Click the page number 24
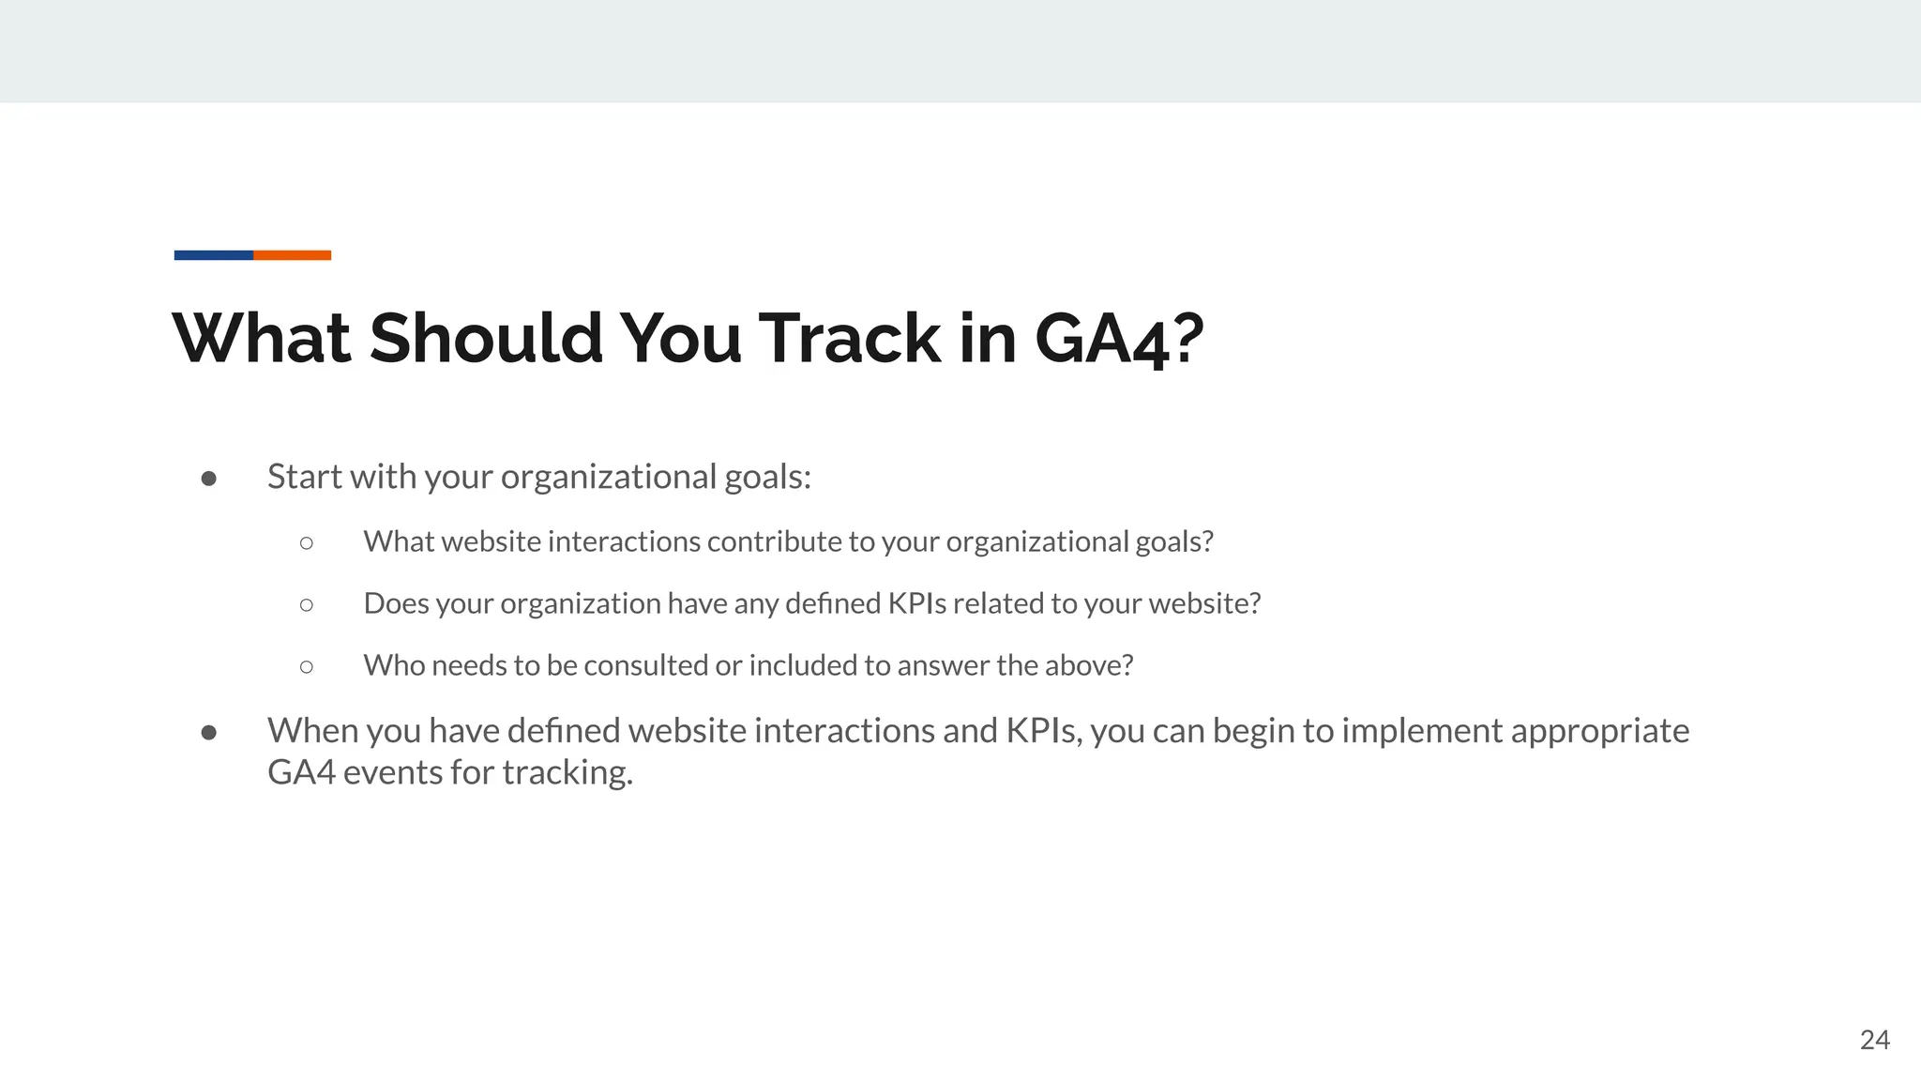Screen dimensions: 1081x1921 pyautogui.click(x=1874, y=1040)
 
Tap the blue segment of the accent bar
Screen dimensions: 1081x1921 pyautogui.click(x=213, y=255)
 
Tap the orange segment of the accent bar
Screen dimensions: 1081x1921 pyautogui.click(x=292, y=255)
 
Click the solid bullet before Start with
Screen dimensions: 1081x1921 pyautogui.click(x=209, y=479)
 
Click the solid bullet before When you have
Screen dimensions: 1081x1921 pyautogui.click(x=209, y=732)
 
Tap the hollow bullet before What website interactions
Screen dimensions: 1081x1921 pyautogui.click(x=307, y=542)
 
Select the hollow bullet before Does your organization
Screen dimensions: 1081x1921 pyautogui.click(x=307, y=604)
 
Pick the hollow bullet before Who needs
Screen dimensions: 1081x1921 pyautogui.click(x=307, y=666)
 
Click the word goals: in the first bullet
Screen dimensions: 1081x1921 pyautogui.click(x=767, y=478)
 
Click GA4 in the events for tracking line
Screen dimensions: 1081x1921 pyautogui.click(x=301, y=772)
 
